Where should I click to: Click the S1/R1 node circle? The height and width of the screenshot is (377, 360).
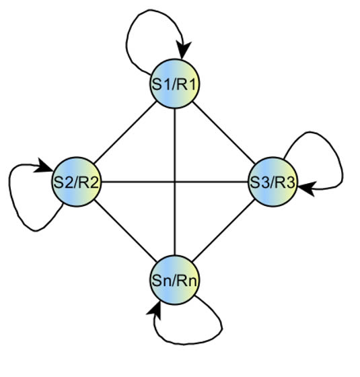[x=175, y=84]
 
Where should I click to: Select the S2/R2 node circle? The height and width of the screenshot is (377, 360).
[x=77, y=182]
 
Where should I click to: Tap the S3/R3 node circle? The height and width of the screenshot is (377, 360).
[x=273, y=182]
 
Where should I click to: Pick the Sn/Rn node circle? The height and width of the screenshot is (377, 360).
[x=175, y=280]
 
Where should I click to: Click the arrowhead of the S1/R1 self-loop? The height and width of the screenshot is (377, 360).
[x=183, y=50]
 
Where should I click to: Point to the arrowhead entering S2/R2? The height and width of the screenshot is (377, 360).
[x=44, y=166]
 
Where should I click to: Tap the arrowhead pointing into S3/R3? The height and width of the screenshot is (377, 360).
[x=307, y=188]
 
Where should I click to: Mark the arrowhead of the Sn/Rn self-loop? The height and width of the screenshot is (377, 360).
[x=154, y=310]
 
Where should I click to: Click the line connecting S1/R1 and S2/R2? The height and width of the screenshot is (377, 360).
[x=125, y=133]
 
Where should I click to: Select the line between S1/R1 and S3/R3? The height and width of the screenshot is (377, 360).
[x=223, y=133]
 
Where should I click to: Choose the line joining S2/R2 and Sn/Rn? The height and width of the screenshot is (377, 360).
[x=125, y=230]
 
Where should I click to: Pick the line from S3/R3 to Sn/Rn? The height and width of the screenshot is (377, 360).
[x=223, y=230]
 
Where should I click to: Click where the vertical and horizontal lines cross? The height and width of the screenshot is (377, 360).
[x=175, y=182]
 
